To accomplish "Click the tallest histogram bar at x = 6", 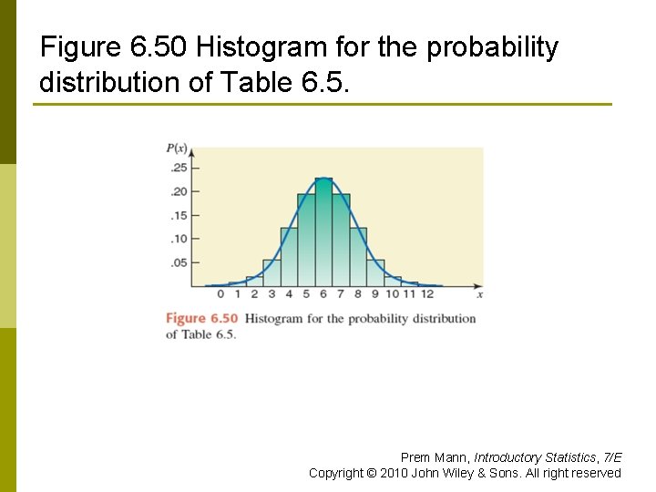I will point(323,232).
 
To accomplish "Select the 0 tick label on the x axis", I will point(220,293).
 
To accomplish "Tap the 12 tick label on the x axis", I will point(427,293).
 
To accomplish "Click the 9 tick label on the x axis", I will point(375,293).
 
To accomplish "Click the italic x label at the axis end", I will point(479,293).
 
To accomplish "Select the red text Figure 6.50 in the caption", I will point(201,319).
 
